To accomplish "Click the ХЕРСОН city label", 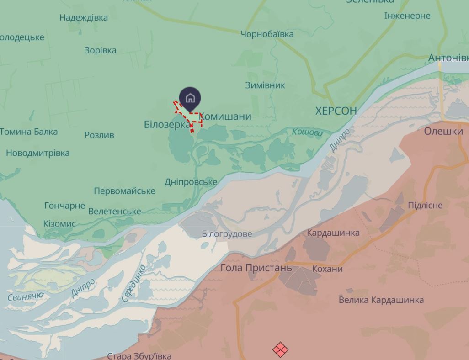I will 336,111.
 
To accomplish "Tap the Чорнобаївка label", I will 267,34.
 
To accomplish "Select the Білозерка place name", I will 167,124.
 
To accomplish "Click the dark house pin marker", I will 190,98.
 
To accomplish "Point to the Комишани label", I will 226,116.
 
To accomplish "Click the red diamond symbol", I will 280,350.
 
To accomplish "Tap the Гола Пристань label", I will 256,268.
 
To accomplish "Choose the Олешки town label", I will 443,131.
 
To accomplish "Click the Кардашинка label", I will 333,233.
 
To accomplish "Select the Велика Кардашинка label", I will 381,300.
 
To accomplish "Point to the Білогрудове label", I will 227,234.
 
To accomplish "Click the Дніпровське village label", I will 191,182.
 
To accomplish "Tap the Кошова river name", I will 307,133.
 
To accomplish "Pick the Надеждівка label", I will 84,17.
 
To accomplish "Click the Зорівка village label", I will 100,50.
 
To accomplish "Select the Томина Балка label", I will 29,132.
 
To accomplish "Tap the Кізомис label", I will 59,224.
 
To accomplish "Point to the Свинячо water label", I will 26,296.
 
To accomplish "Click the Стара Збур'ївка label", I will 139,355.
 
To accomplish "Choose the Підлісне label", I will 425,205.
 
